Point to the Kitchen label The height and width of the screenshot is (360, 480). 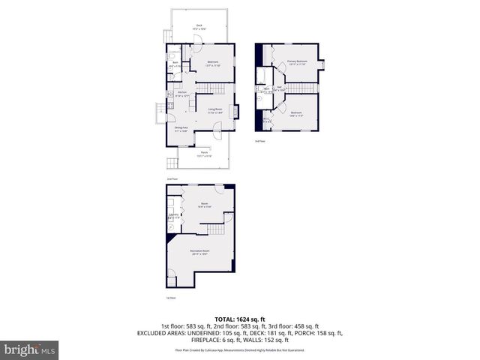pos(181,94)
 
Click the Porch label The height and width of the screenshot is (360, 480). pos(203,154)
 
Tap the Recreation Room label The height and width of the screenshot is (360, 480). pos(199,251)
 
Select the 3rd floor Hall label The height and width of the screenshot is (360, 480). pos(279,88)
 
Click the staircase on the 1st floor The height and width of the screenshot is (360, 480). pos(217,230)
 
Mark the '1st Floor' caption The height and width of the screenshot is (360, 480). pos(171,298)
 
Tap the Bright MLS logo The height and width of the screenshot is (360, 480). pos(29,349)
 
